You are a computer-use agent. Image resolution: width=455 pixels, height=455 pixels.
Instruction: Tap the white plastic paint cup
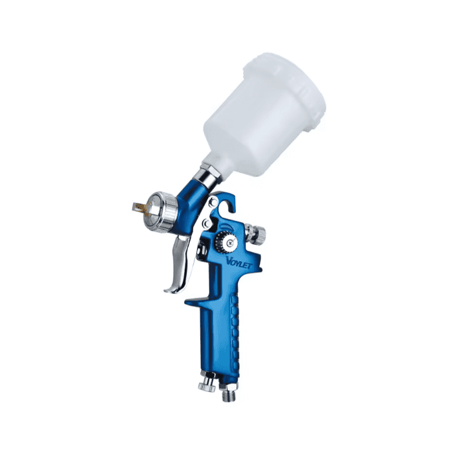pyautogui.click(x=264, y=116)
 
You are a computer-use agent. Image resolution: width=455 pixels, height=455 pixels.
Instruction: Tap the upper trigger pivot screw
pyautogui.click(x=213, y=200)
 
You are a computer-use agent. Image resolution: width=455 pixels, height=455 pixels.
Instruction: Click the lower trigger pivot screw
pyautogui.click(x=207, y=223)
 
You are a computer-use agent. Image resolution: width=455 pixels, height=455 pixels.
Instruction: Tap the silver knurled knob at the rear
pyautogui.click(x=255, y=233)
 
